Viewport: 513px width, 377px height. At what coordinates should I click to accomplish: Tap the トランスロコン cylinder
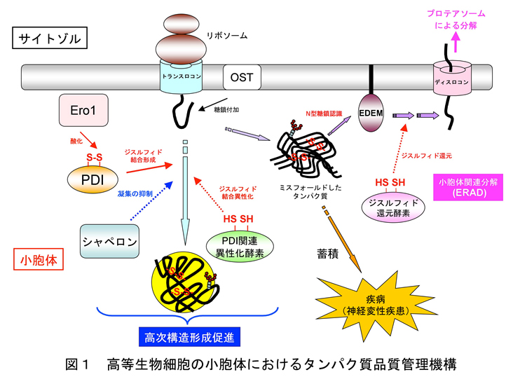(x=179, y=78)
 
